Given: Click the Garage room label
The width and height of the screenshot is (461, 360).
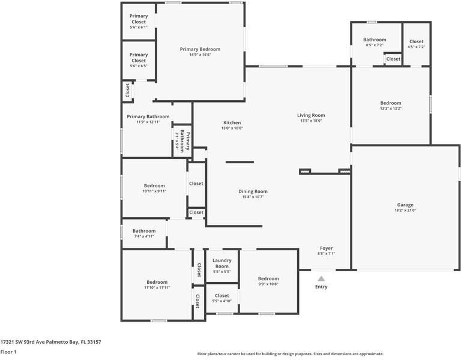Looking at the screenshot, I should coord(406,205).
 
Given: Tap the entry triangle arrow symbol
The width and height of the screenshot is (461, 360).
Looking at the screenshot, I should coord(321,278).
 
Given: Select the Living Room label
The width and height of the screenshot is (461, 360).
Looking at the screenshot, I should coord(311,115).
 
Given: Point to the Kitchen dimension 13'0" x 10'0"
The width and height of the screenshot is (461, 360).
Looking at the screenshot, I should coord(232,128).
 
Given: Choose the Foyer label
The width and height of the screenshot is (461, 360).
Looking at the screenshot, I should coord(326,248).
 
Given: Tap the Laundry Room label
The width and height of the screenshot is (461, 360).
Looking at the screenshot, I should coord(222,263).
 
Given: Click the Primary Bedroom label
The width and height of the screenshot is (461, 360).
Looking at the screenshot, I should coord(200,49).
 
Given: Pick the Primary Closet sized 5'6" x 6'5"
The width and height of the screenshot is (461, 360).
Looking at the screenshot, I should coord(139,58).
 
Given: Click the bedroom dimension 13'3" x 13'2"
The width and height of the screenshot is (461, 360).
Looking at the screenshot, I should coord(390,109).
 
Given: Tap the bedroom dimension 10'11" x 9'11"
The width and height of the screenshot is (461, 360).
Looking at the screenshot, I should coord(154,191).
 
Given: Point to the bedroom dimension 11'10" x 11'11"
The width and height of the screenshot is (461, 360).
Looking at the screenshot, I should coord(157,288).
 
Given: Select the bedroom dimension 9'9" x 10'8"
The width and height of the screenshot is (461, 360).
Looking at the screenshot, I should coord(268,284).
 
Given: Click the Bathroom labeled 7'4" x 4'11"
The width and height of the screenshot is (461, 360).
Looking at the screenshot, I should coord(144,233).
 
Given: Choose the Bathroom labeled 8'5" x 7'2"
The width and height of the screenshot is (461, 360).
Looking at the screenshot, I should coord(375,42).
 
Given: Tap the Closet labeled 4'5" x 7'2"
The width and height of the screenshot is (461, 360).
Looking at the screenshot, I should coord(416,44).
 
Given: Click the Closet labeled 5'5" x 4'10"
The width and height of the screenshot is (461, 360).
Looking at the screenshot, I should coord(222,298).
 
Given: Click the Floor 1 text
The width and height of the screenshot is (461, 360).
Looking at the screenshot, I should coord(8,352).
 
